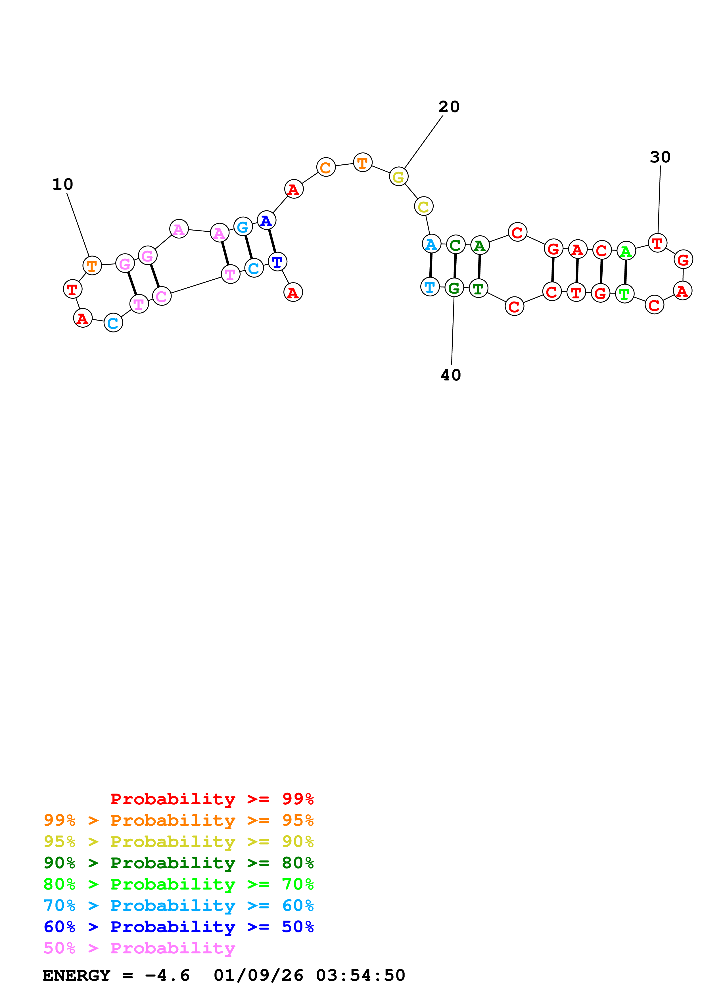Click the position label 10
pyautogui.click(x=62, y=184)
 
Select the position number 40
pyautogui.click(x=451, y=375)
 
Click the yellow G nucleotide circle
pyautogui.click(x=398, y=177)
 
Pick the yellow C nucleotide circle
pyautogui.click(x=423, y=206)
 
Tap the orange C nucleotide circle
pyautogui.click(x=326, y=168)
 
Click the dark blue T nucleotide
pyautogui.click(x=277, y=262)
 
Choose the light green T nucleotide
pyautogui.click(x=624, y=294)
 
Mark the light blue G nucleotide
pyautogui.click(x=243, y=227)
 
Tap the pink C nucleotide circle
pyautogui.click(x=161, y=296)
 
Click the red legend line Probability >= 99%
pyautogui.click(x=212, y=799)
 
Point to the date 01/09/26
pyautogui.click(x=258, y=975)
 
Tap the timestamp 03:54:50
pyautogui.click(x=360, y=975)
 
